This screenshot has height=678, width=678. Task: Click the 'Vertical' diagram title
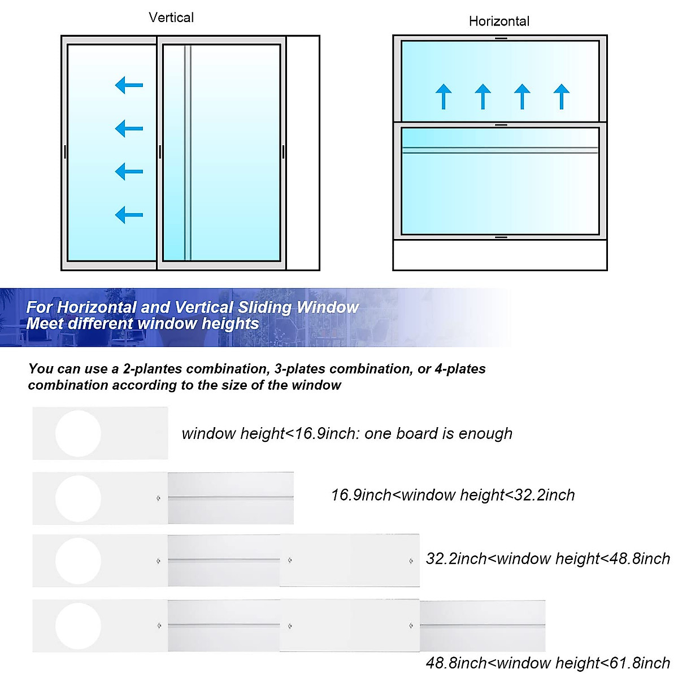point(171,18)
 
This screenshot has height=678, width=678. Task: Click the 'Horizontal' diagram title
point(499,21)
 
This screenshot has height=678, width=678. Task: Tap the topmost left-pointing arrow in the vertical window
point(129,85)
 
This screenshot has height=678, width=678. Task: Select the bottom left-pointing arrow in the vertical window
point(129,215)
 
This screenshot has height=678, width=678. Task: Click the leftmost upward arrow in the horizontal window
point(444,96)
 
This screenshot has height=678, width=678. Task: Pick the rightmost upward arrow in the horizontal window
point(561,96)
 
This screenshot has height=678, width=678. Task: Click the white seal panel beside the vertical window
point(303,153)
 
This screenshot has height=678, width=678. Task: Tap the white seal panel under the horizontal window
point(499,255)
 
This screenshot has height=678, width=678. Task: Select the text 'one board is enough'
point(438,433)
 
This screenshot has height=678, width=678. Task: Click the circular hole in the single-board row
point(78,433)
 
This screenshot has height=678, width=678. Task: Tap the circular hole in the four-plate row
point(78,626)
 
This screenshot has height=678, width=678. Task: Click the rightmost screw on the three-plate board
point(411,561)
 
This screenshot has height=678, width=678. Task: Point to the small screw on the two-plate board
point(158,498)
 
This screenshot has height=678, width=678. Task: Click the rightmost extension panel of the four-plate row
point(483,626)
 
